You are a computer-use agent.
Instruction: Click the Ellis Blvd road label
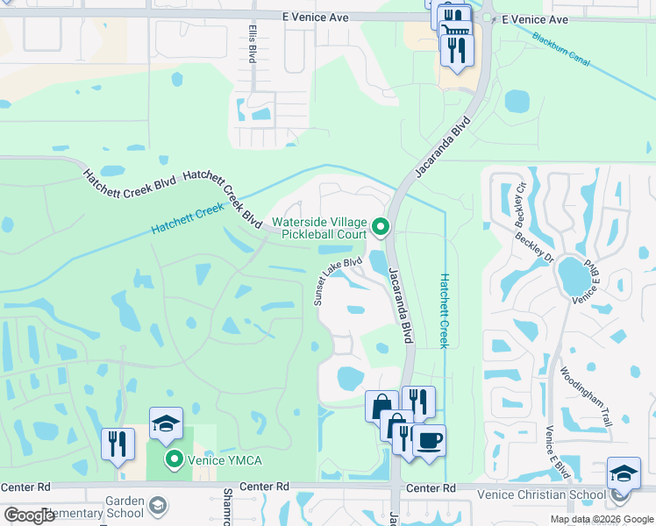coord(251,43)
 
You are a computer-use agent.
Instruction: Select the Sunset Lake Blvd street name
coord(338,281)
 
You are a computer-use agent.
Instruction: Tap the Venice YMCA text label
coord(222,458)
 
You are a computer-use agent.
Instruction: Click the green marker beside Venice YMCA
coord(174,458)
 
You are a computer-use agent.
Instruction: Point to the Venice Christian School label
coord(541,494)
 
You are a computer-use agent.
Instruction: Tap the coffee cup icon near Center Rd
coord(429,440)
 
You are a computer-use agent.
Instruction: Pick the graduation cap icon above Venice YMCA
coord(166,423)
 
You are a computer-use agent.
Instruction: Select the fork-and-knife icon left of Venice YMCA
coord(118,444)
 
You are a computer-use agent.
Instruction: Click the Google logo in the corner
coord(30,515)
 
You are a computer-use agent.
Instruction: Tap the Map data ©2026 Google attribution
coord(602,519)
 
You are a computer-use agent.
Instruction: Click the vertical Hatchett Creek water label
coord(445,309)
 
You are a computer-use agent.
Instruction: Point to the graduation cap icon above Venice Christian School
coord(624,476)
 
